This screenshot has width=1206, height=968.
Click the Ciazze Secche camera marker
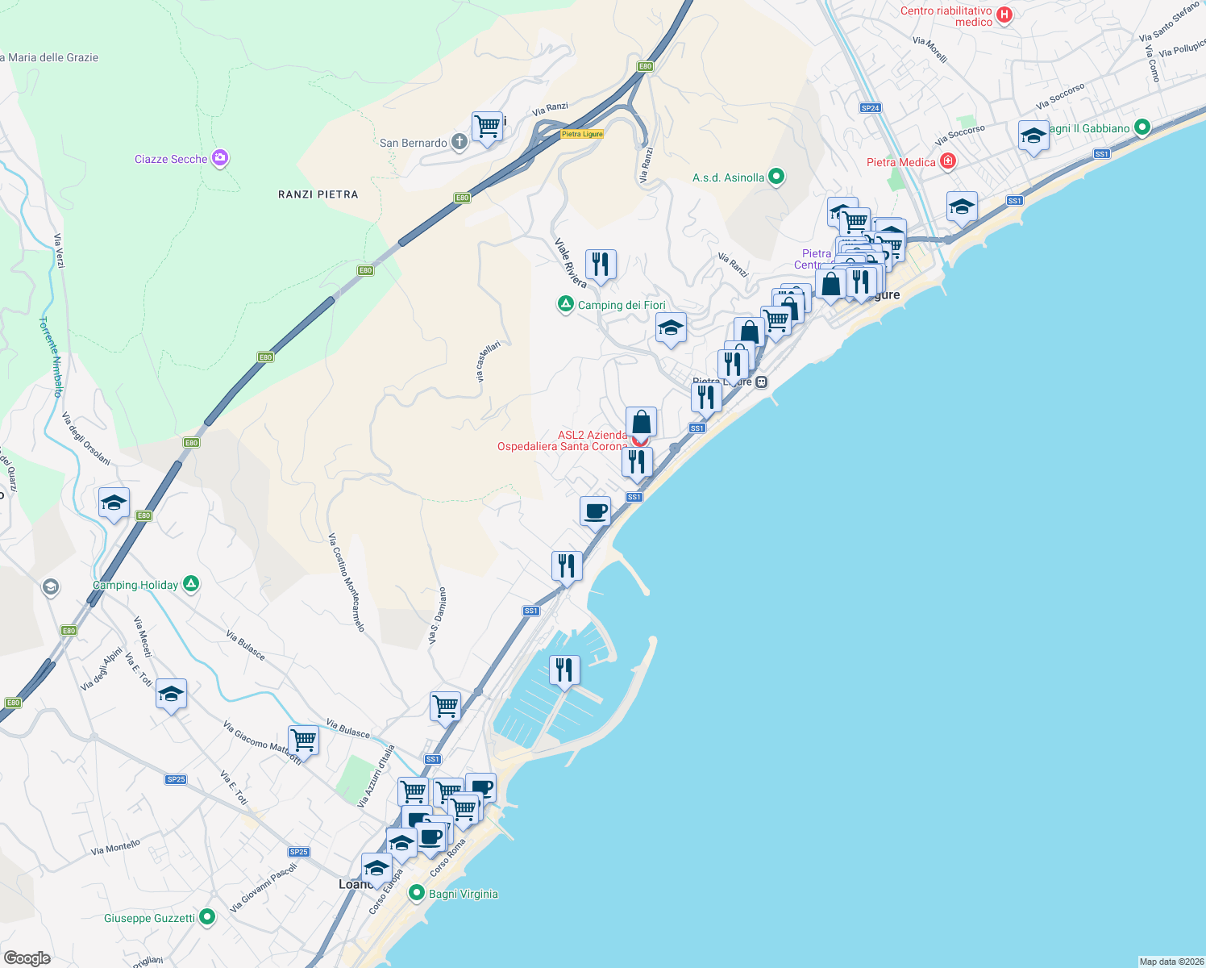(219, 158)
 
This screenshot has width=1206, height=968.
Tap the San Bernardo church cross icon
(459, 143)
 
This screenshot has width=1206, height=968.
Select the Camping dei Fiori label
(622, 305)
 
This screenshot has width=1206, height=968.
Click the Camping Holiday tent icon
(191, 584)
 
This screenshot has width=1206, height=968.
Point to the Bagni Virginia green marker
(417, 893)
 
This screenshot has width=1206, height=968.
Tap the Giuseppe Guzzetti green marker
(207, 917)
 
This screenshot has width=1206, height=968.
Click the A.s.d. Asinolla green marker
(776, 177)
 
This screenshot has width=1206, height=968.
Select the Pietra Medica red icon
(948, 161)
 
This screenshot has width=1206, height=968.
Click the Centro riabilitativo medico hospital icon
(1004, 15)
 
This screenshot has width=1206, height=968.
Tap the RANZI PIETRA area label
(318, 194)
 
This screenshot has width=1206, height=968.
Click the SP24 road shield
(870, 107)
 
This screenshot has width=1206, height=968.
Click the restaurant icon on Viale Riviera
(601, 264)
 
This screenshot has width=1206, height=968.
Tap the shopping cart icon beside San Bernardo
(487, 126)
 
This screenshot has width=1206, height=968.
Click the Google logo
(27, 958)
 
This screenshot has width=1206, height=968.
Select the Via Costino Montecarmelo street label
(347, 582)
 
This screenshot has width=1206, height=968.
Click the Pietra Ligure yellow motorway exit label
(582, 134)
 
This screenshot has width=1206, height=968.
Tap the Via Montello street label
(115, 847)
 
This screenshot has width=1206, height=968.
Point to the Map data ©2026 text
(1171, 962)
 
